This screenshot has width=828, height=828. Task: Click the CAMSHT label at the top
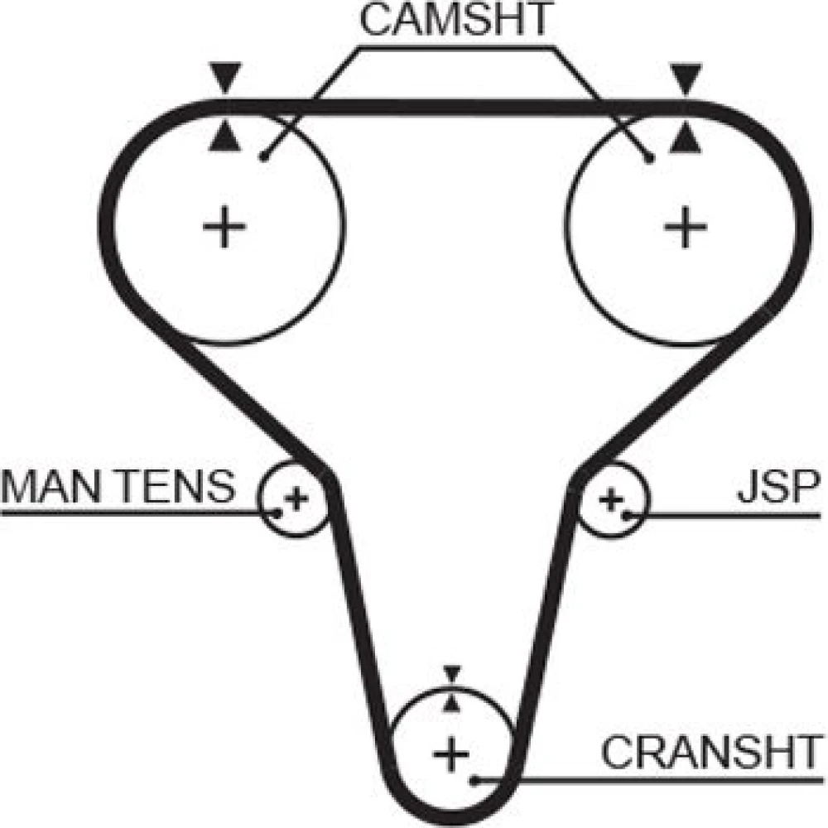(454, 22)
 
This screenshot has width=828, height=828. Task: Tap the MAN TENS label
(118, 488)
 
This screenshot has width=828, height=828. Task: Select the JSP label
(778, 488)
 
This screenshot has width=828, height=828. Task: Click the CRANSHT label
(708, 753)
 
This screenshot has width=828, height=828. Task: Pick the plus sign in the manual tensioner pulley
(296, 498)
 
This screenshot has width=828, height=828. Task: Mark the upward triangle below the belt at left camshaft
(225, 138)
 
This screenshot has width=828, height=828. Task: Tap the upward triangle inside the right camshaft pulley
(684, 138)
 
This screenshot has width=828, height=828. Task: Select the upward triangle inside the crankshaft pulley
(451, 703)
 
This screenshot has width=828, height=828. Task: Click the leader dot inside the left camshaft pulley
(262, 156)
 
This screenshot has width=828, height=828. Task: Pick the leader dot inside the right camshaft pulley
(651, 156)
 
